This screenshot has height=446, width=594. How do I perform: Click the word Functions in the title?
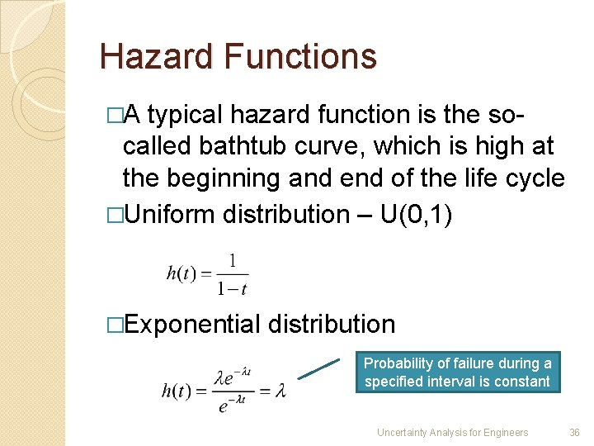300,57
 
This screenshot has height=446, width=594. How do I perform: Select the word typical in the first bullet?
185,115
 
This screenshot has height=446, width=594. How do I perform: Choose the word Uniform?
171,215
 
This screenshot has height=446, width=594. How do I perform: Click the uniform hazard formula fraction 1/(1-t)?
233,273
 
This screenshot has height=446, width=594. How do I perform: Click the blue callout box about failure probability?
458,372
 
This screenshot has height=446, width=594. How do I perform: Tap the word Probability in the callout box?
399,363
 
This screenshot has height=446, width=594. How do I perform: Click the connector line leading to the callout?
318,369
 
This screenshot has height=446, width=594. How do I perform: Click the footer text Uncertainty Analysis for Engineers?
452,432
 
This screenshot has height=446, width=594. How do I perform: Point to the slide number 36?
574,432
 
